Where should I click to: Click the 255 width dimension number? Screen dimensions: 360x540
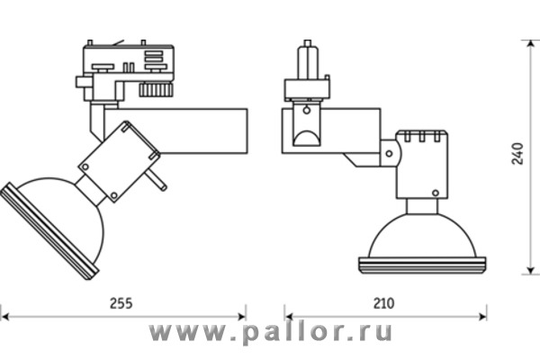point(121,304)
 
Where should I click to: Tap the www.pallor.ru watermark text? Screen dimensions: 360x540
point(270,334)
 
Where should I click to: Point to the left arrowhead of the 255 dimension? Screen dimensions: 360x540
point(4,317)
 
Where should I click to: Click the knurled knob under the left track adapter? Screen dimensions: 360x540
point(155,91)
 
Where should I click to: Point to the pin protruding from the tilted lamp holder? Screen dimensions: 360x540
point(160,184)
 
